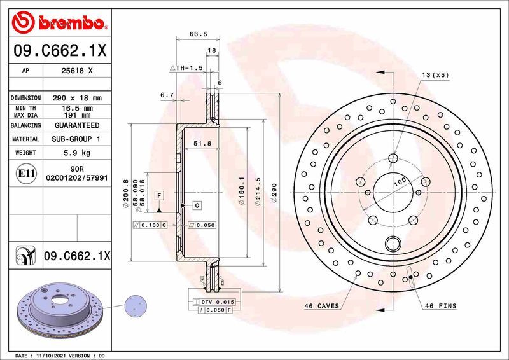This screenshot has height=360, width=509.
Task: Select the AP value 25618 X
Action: click(x=77, y=71)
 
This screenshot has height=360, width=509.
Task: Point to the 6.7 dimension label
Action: click(x=167, y=95)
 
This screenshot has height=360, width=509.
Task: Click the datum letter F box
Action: click(x=158, y=194)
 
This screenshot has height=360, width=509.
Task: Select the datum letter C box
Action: click(x=197, y=205)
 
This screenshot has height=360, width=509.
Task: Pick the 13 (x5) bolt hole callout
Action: click(x=435, y=74)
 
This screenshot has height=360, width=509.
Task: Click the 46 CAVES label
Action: click(x=323, y=306)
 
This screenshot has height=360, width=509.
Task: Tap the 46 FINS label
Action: click(x=440, y=306)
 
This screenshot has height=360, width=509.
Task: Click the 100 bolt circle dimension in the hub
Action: click(x=400, y=182)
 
